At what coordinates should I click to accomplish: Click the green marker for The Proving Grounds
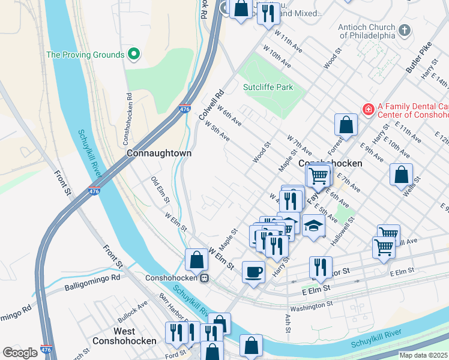click(134, 55)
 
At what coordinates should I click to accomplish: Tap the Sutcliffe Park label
click(268, 87)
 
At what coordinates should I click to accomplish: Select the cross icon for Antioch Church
click(405, 29)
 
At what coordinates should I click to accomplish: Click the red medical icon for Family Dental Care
click(368, 109)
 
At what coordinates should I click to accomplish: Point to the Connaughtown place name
click(159, 153)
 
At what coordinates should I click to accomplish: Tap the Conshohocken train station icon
click(204, 278)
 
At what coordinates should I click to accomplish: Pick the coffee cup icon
click(253, 272)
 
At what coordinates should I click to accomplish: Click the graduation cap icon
click(313, 226)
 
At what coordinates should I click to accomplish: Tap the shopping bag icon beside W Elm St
click(196, 259)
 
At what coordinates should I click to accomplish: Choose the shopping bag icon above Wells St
click(401, 175)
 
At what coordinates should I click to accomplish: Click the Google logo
click(20, 353)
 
